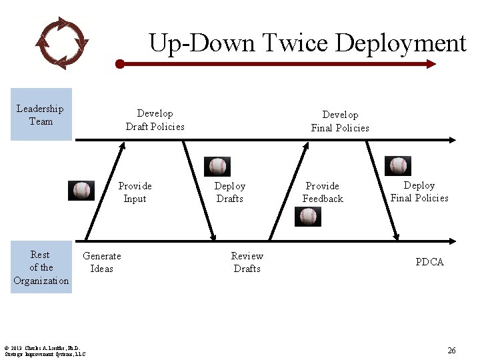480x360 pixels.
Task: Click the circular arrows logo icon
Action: (61, 42)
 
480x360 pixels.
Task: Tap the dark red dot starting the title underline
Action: (120, 65)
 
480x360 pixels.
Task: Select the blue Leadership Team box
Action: (41, 115)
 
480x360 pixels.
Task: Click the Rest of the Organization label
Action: (41, 267)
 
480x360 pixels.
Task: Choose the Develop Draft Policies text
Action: (155, 120)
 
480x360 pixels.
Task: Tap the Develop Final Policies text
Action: (339, 121)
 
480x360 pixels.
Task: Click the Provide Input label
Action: (135, 192)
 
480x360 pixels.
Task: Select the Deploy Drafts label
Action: (229, 192)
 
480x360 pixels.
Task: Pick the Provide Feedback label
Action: (323, 192)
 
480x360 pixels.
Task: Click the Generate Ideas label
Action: (101, 262)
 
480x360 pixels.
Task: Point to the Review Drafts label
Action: (247, 262)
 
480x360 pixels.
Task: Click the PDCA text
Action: (429, 262)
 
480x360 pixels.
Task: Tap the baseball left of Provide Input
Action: (82, 191)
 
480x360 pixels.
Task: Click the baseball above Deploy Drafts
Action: (217, 167)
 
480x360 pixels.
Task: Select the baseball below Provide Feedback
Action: (308, 217)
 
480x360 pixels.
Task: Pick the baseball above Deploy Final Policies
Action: (398, 166)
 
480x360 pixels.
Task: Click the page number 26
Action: (451, 350)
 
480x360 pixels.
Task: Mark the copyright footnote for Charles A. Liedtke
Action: (44, 351)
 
